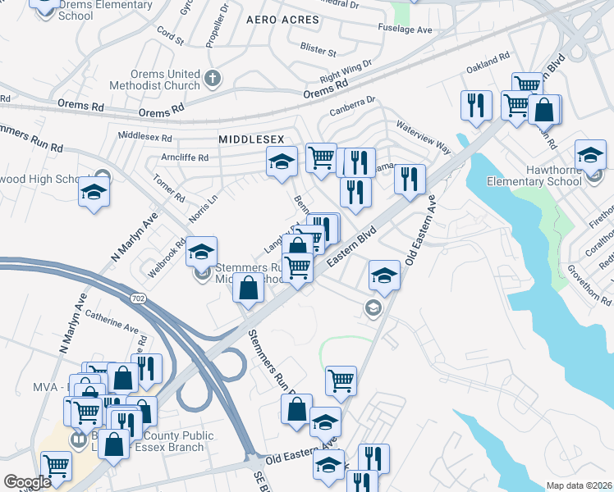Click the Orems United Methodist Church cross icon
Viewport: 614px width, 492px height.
pyautogui.click(x=213, y=79)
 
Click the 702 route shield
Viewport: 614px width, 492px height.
pyautogui.click(x=139, y=298)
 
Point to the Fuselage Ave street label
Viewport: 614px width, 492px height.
pyautogui.click(x=406, y=30)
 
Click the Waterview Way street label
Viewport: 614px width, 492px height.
pyautogui.click(x=424, y=136)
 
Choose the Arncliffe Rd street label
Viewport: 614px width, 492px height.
pyautogui.click(x=185, y=157)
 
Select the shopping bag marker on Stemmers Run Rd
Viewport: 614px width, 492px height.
pyautogui.click(x=248, y=289)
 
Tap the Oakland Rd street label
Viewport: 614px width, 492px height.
pyautogui.click(x=488, y=64)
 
